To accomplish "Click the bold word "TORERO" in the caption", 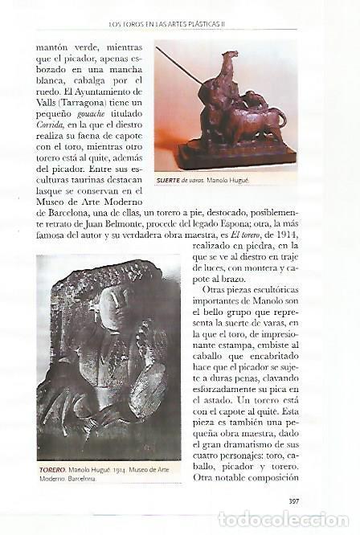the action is (53, 469).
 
